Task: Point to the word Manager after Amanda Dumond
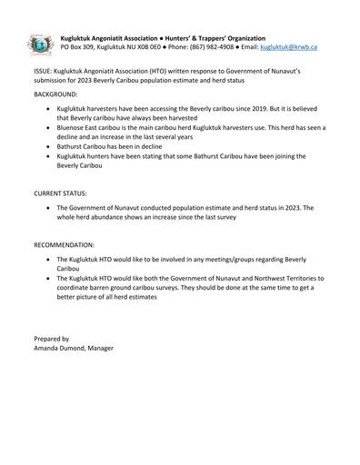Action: pyautogui.click(x=112, y=349)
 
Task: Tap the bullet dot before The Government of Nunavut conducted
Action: pyautogui.click(x=47, y=208)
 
